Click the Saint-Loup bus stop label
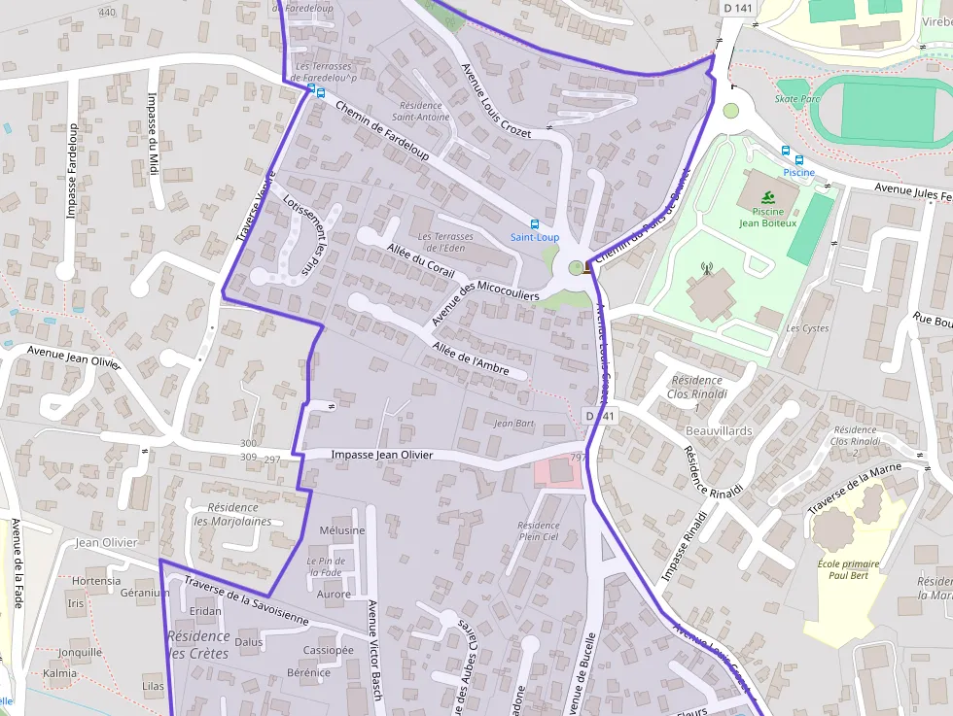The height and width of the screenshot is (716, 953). point(535,237)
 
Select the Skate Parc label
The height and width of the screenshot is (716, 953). point(798,98)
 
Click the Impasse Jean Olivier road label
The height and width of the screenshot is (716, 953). point(381,455)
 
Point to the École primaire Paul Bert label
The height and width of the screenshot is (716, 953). point(848,570)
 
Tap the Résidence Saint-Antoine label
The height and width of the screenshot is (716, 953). point(420,111)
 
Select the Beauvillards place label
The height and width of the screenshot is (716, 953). point(719,429)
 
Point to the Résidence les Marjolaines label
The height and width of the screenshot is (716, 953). point(232,514)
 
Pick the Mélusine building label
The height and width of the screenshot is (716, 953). point(341,530)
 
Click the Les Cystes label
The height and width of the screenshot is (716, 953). point(807,327)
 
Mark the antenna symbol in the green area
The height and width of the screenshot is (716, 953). point(707,268)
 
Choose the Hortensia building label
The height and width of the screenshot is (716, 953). point(96,581)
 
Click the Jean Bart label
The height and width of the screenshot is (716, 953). point(514,424)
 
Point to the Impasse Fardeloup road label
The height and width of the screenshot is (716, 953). point(73,172)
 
